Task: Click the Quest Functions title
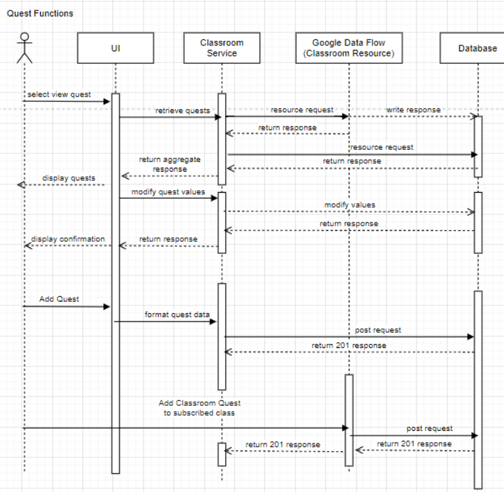point(40,14)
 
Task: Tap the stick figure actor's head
point(24,37)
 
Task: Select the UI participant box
point(116,48)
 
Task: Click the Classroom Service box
point(222,48)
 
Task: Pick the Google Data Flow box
point(349,48)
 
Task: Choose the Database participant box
point(472,48)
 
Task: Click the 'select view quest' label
point(59,95)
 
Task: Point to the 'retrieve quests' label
point(182,111)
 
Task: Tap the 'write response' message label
point(413,110)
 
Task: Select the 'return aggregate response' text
point(170,164)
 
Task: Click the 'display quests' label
point(69,178)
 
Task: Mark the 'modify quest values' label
point(168,192)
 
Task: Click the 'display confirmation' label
point(68,239)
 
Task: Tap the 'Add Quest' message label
point(59,299)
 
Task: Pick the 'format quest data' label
point(177,314)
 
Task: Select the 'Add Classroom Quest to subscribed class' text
point(199,408)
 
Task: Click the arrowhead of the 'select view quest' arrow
point(107,101)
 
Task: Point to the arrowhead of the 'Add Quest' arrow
point(107,307)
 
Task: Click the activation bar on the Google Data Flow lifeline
point(349,420)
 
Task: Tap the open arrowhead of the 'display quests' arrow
point(21,185)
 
